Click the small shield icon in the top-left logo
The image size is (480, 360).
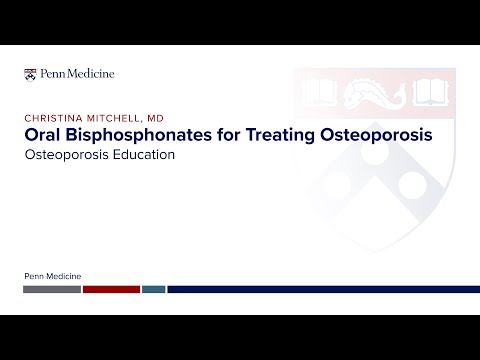[x=29, y=73]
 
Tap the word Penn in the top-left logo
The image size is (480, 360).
[x=50, y=73]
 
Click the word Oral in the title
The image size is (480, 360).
[x=43, y=135]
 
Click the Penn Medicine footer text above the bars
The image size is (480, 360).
[x=52, y=275]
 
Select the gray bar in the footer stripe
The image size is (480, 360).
[x=52, y=289]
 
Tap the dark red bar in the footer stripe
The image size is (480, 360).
[x=111, y=289]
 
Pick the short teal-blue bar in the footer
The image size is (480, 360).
[x=153, y=289]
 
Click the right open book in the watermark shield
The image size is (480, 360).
[x=431, y=94]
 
